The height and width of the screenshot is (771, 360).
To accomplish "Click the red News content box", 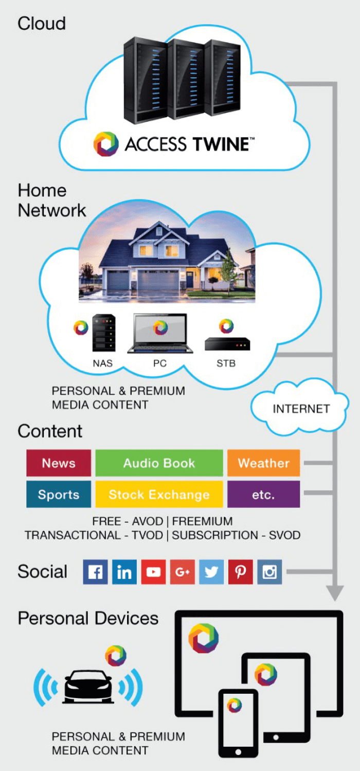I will pos(59,463).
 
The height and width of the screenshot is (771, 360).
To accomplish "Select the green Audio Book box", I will pos(159,463).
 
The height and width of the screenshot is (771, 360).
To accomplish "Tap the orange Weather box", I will pos(263,463).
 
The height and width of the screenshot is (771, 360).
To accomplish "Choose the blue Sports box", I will pos(59,494).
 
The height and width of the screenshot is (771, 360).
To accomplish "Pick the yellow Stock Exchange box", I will pos(159,494).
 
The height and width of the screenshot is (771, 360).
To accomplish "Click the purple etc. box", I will pos(263,494).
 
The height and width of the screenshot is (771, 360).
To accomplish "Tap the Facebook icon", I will pos(95,572).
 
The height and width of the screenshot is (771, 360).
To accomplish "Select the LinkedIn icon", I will pos(124,572).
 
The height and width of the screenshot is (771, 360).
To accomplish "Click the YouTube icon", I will pos(153,572).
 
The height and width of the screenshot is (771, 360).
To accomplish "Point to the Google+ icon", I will pos(183,572).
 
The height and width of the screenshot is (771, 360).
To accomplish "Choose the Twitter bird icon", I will pos(211,572).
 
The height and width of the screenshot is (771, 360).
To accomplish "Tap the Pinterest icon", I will pos(241,572).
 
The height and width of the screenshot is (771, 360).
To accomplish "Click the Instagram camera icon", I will pos(269,572).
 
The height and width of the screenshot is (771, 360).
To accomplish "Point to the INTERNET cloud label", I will pos(301,409).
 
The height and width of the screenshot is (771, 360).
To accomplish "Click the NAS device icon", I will pos(103,334).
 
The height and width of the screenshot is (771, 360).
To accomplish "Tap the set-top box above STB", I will pos(227,343).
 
